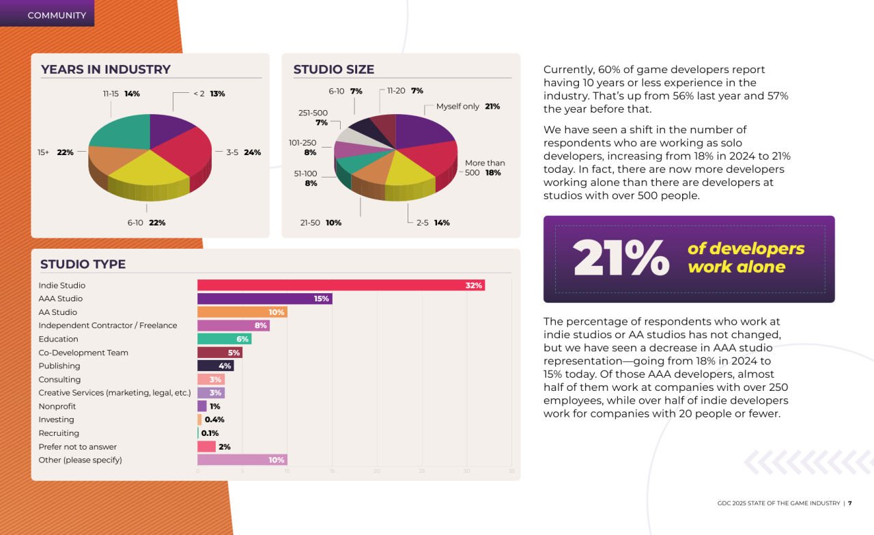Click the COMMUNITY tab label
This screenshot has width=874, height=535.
point(57,15)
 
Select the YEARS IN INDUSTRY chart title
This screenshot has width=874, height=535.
point(106,70)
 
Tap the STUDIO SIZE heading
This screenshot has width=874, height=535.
point(334,70)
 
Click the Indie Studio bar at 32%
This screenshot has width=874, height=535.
point(340,285)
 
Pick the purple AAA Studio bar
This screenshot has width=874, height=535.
point(264,299)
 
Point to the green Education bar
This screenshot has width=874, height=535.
point(224,339)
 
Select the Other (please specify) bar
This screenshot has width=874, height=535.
point(242,460)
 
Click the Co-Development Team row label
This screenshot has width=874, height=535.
point(83,353)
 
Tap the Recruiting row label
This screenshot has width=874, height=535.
point(59,433)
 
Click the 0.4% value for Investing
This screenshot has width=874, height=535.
point(214,420)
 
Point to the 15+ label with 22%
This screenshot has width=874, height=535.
point(55,152)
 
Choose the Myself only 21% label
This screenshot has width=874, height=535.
point(468,107)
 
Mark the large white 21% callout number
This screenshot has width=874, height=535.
point(621,258)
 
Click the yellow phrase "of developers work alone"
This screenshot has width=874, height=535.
point(746,258)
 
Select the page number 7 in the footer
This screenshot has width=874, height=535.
point(849,504)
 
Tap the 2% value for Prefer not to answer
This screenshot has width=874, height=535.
point(224,447)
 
